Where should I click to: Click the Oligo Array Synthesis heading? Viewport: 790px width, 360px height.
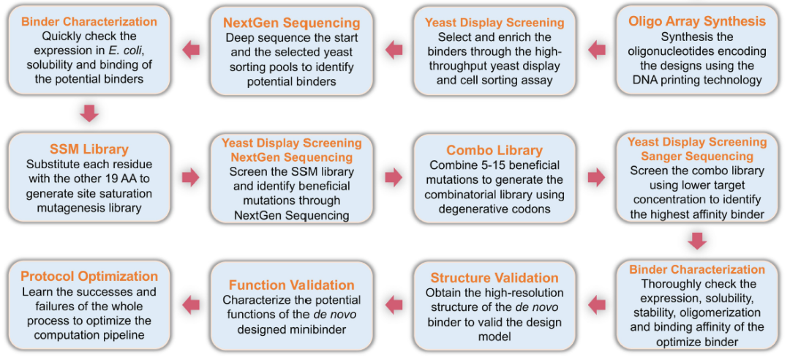point(697,22)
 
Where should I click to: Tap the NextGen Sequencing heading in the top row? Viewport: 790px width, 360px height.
point(292,23)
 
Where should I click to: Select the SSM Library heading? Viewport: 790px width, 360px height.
point(89,149)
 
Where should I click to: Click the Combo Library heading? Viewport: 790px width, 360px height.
point(494,150)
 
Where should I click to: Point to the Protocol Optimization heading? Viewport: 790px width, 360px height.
point(89,277)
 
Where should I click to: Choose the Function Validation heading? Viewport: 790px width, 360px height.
point(292,285)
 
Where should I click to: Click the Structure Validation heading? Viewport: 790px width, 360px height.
point(494,278)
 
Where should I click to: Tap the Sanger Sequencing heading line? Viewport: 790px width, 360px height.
point(697,155)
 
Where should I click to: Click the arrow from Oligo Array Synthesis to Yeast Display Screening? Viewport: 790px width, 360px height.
point(597,50)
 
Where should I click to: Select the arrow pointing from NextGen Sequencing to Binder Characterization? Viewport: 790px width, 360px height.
point(191,50)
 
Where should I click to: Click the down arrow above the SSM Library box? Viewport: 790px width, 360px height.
point(89,113)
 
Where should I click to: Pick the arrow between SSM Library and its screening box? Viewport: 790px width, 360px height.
point(191,177)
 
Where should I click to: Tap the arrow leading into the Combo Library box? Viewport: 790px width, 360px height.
point(394,177)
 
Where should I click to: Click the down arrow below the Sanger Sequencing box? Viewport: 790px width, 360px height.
point(697,241)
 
